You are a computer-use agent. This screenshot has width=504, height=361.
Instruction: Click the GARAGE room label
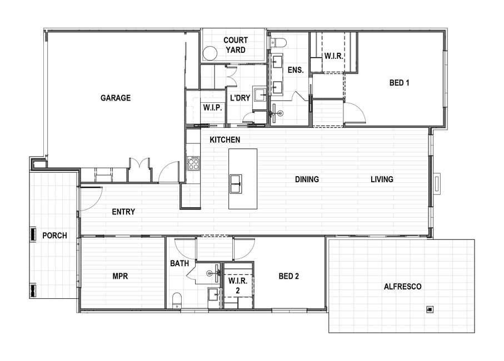(116, 98)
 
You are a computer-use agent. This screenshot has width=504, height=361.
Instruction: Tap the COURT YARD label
(236, 45)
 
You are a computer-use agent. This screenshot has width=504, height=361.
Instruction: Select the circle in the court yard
(210, 53)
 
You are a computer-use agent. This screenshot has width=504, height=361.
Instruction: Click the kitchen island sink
(236, 184)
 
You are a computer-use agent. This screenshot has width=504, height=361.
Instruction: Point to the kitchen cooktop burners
(193, 163)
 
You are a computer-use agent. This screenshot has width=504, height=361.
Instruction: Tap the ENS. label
(296, 69)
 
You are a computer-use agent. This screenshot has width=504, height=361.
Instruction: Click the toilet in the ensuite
(278, 42)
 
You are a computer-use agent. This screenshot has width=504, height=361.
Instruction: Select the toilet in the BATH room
(177, 300)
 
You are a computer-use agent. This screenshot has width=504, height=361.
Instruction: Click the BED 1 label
(399, 83)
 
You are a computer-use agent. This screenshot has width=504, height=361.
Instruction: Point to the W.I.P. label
(212, 108)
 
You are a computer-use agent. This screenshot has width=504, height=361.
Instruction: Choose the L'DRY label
(240, 98)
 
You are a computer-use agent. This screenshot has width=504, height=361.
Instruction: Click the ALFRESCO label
(402, 287)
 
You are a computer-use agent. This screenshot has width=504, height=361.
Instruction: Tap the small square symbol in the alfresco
(430, 309)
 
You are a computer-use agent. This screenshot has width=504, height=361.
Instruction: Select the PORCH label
(54, 235)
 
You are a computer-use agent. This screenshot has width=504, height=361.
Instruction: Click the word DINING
(307, 179)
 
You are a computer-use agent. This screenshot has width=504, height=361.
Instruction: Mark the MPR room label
(120, 276)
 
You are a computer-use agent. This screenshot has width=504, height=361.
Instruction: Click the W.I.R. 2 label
(238, 285)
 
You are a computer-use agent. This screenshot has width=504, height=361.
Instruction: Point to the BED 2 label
(288, 276)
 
